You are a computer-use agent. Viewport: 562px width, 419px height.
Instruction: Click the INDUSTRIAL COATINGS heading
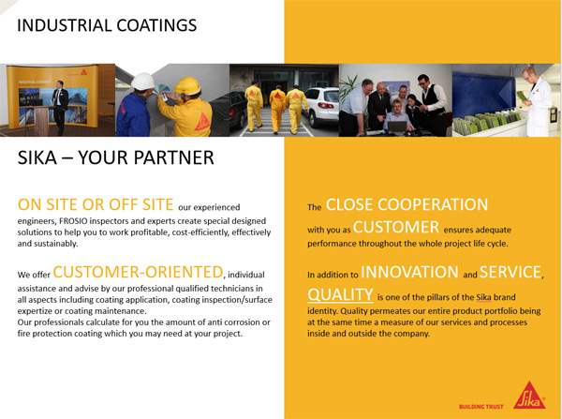(x=107, y=25)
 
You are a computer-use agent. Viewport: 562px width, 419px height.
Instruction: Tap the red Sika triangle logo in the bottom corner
(x=529, y=397)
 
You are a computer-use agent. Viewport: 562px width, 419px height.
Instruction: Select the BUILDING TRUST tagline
(x=481, y=407)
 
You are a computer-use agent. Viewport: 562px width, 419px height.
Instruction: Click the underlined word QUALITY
(x=340, y=295)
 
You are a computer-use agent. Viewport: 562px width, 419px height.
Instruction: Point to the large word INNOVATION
(x=409, y=272)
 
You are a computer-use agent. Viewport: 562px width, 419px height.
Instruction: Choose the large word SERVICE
(x=510, y=272)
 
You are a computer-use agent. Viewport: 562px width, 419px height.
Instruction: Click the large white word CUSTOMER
(x=396, y=228)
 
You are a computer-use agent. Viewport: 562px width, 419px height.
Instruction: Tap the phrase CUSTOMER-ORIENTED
(x=138, y=272)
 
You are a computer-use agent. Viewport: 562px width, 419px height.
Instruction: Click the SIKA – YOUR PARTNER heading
(x=116, y=157)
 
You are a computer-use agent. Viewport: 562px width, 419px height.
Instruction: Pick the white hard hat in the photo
(x=142, y=82)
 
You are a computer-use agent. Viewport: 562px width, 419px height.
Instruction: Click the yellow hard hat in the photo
(x=187, y=86)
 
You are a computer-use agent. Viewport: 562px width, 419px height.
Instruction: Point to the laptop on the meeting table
(x=397, y=127)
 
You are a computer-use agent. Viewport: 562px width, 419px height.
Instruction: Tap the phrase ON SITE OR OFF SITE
(x=96, y=204)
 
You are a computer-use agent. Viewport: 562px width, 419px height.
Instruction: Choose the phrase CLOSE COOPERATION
(x=407, y=205)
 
